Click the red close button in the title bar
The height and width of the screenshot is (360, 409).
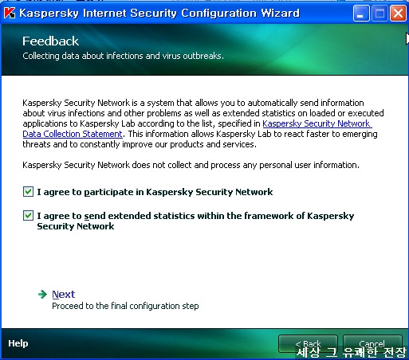(398, 13)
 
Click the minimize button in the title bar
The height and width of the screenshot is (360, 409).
(361, 13)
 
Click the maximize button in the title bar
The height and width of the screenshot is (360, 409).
(380, 13)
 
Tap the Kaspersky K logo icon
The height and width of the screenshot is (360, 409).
(10, 13)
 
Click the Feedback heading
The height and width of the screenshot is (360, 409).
(50, 41)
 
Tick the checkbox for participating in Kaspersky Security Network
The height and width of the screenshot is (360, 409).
(28, 192)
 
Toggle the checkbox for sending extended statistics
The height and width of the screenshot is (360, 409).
(28, 216)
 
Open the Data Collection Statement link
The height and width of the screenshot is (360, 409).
(73, 134)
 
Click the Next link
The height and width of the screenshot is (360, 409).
(64, 295)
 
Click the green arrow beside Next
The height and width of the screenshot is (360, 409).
(42, 294)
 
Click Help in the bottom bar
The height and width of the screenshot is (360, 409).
(18, 343)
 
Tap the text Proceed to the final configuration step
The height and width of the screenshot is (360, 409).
(125, 306)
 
